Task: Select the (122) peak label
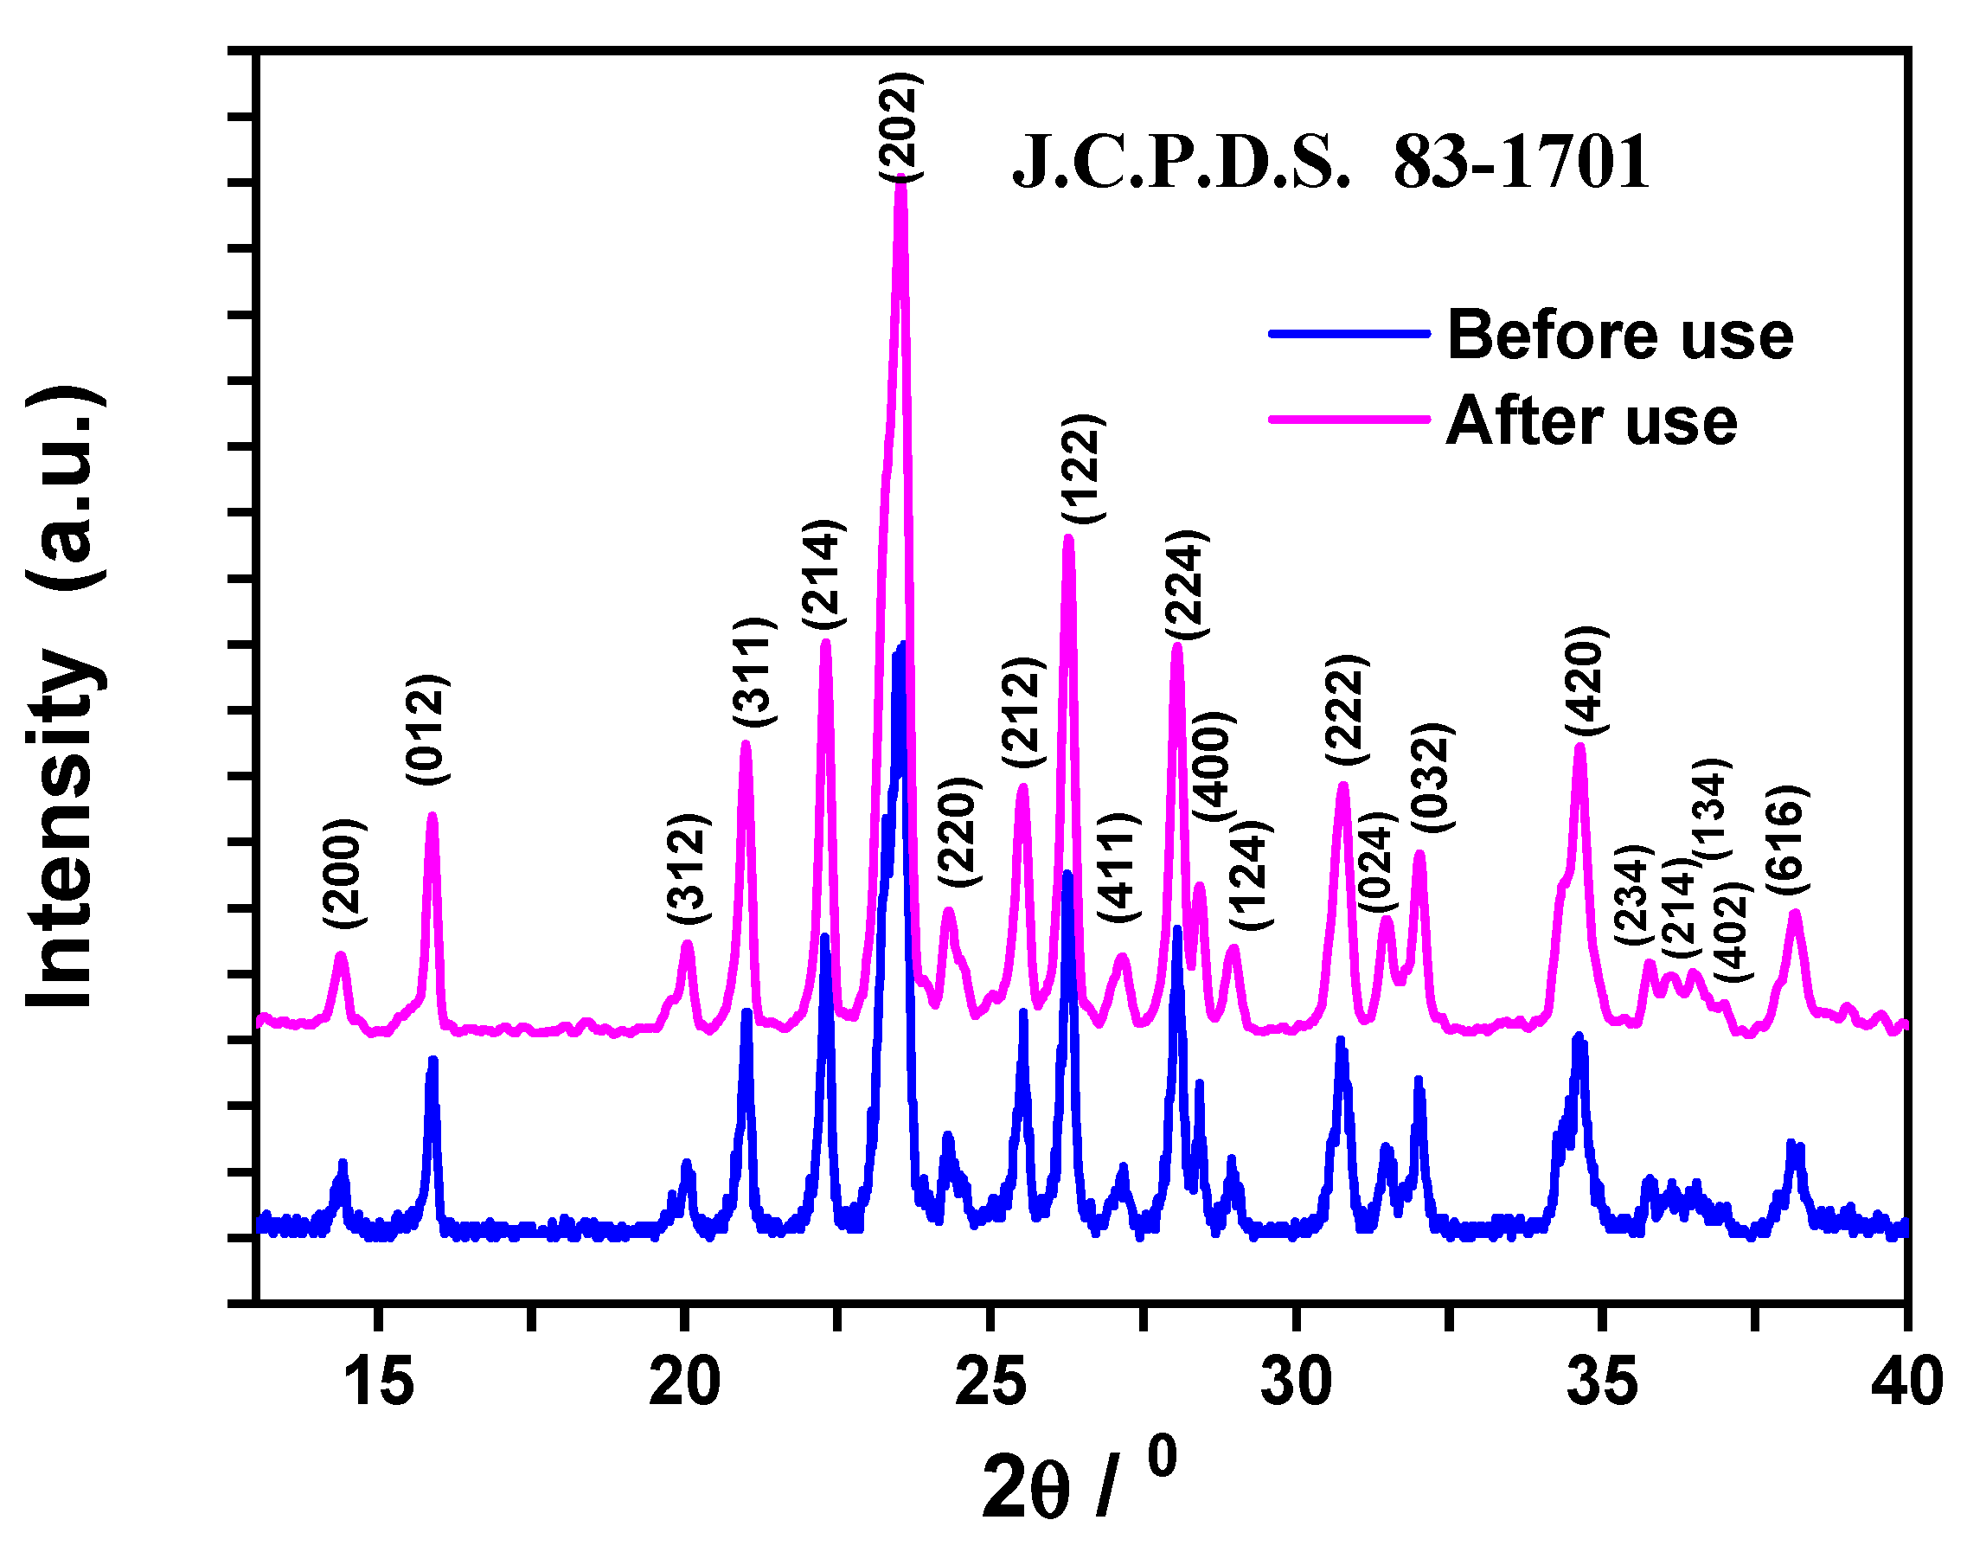point(1083,468)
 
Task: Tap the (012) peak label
point(426,730)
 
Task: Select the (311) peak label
point(754,671)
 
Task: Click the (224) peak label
point(1186,585)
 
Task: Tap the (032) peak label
point(1432,778)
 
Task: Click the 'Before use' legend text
point(1620,335)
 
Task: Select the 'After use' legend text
point(1592,420)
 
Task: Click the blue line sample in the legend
point(1349,333)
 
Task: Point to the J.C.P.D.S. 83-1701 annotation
point(1331,163)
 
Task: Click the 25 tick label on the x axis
point(990,1382)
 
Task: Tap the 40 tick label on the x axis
point(1905,1382)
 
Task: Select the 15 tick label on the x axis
point(379,1382)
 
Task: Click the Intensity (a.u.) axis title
point(64,697)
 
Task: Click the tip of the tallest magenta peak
point(900,179)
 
